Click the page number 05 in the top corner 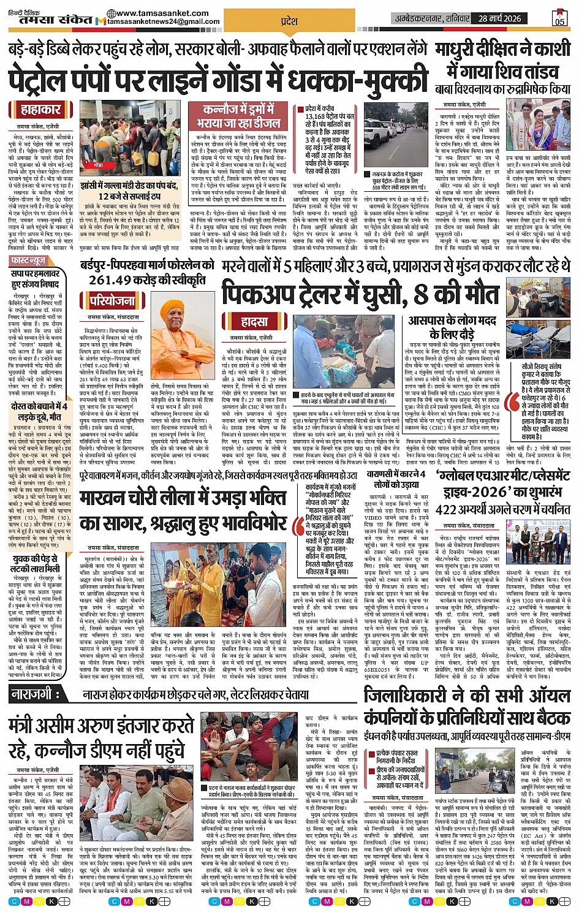pyautogui.click(x=559, y=18)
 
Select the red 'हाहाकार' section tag pyautogui.click(x=41, y=110)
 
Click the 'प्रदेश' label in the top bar pyautogui.click(x=289, y=21)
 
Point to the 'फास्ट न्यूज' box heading pyautogui.click(x=29, y=261)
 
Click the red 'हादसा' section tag pyautogui.click(x=254, y=322)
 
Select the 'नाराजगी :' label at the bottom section pyautogui.click(x=34, y=694)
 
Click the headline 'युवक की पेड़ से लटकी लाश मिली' pyautogui.click(x=36, y=564)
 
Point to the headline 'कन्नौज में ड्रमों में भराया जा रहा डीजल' pyautogui.click(x=238, y=115)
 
